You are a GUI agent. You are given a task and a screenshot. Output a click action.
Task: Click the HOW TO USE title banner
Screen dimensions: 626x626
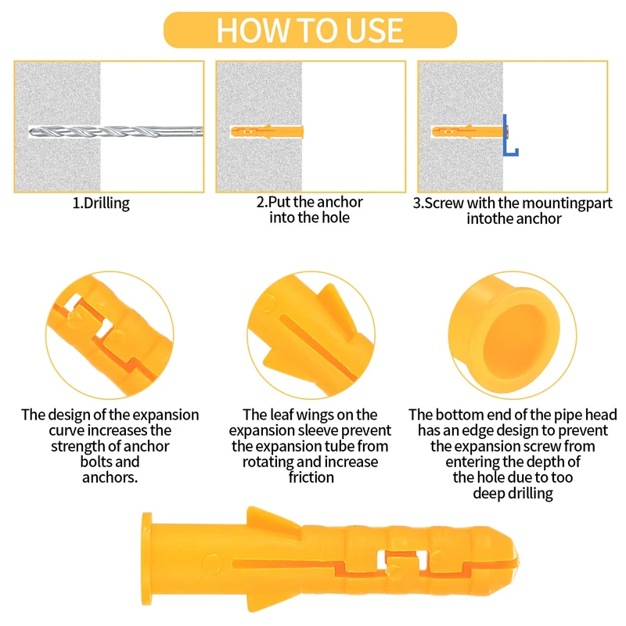click(x=310, y=30)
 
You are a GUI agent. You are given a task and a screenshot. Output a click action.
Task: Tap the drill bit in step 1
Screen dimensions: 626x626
click(x=116, y=131)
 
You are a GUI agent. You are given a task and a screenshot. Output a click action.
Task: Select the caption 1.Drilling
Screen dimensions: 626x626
click(x=101, y=203)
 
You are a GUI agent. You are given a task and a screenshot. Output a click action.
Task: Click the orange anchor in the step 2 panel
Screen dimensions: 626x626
click(x=267, y=131)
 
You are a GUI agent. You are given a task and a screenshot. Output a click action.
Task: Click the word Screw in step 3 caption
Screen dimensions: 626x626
click(x=444, y=203)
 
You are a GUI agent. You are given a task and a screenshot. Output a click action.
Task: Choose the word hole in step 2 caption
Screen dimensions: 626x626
click(x=336, y=218)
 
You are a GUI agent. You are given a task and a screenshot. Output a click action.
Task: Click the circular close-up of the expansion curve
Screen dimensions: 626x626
click(x=110, y=335)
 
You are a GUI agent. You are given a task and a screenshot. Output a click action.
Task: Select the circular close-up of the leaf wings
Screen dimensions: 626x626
click(x=311, y=335)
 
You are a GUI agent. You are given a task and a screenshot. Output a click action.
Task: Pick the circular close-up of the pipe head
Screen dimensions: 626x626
click(x=513, y=335)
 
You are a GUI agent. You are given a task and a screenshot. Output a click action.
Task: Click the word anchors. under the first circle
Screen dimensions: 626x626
click(x=110, y=477)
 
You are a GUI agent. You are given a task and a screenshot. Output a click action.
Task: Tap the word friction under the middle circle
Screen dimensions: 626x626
click(x=311, y=477)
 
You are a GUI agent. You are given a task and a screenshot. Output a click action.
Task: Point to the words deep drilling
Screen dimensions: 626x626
click(x=513, y=494)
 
